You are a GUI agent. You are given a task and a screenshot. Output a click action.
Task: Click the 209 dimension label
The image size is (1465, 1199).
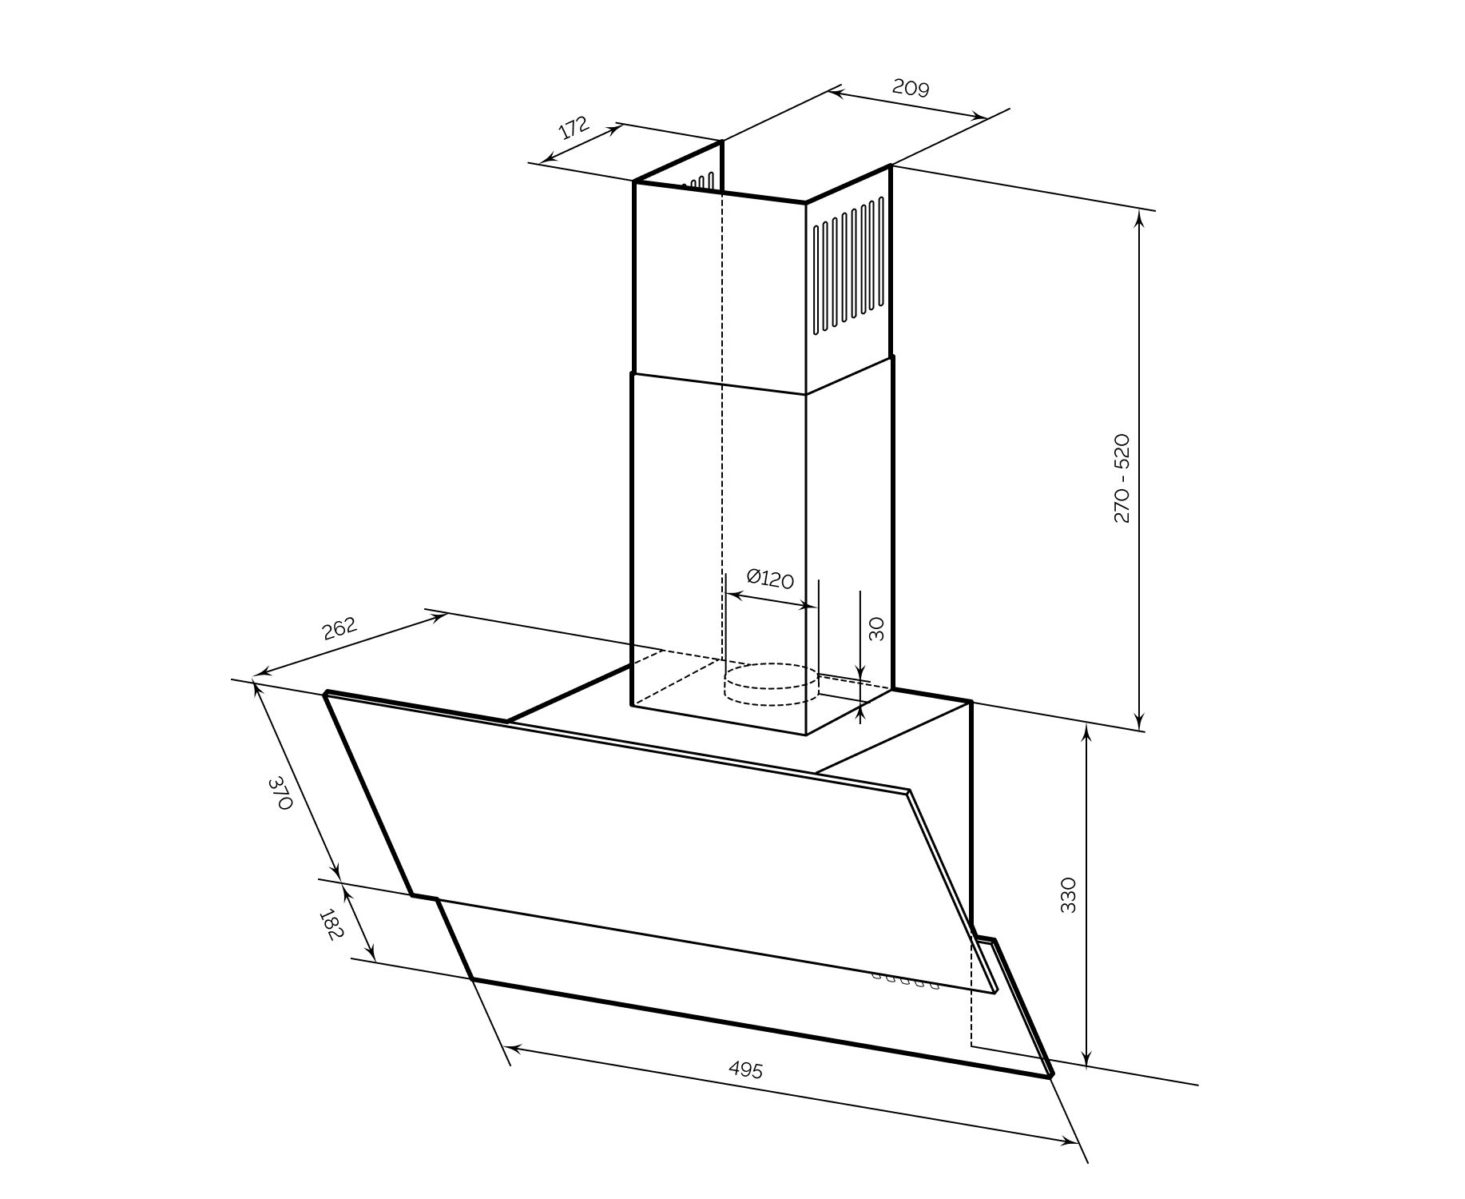911,87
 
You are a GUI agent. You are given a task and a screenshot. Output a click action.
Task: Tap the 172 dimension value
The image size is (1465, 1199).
574,128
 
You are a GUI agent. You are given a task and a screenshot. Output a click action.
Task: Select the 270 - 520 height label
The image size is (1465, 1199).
1122,478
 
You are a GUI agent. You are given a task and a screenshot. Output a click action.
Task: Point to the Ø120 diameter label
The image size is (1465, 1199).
770,579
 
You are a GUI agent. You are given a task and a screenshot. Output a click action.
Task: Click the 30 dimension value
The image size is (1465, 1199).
876,628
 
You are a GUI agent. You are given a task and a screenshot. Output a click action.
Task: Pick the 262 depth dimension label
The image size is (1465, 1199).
339,629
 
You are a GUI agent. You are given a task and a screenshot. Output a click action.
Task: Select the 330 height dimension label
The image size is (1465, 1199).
1068,895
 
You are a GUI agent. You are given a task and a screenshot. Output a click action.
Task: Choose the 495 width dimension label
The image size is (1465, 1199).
746,1070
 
